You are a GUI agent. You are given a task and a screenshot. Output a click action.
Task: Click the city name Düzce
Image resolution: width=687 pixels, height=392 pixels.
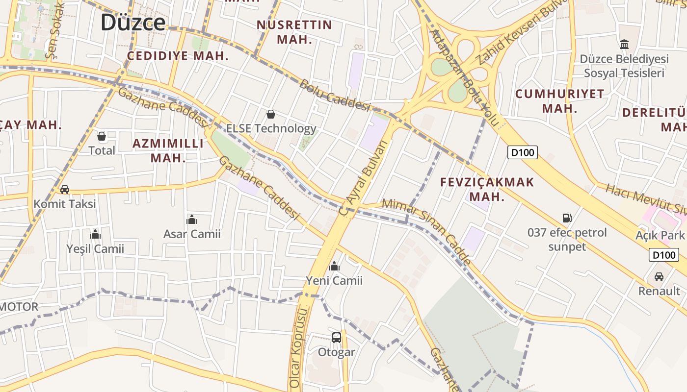tap(133, 23)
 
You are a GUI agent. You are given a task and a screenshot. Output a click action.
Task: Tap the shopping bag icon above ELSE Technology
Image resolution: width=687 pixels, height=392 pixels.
tap(270, 114)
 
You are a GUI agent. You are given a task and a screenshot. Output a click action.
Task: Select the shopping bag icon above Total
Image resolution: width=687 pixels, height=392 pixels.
tap(102, 136)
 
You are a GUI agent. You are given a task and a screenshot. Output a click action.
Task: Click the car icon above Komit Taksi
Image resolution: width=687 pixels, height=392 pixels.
tap(64, 189)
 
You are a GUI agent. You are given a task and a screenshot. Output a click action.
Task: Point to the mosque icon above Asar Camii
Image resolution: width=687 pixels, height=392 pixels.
tap(192, 220)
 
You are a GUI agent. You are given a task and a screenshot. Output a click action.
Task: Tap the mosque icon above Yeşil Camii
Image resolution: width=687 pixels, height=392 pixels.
tap(95, 234)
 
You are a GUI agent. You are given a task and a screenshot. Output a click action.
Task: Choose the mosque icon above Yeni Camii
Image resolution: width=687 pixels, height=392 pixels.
tap(334, 266)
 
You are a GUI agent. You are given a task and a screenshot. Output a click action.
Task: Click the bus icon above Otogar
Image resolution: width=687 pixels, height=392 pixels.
tap(336, 337)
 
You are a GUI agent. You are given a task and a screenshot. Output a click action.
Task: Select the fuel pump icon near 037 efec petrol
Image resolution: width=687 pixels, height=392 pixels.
tap(567, 218)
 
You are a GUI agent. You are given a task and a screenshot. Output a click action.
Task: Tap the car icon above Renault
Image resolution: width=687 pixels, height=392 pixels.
tap(659, 276)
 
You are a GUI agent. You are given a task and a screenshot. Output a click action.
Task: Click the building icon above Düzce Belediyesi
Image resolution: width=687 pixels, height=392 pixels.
tap(624, 45)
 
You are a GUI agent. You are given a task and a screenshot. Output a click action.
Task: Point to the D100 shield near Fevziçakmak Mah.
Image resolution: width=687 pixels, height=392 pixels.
tap(523, 152)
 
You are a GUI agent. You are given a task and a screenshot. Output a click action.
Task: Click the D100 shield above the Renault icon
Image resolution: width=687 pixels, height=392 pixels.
tap(663, 255)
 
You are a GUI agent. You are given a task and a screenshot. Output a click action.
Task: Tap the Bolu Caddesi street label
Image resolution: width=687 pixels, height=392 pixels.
tap(334, 96)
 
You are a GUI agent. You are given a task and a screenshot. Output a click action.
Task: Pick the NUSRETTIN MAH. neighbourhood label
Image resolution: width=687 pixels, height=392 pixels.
tap(294, 32)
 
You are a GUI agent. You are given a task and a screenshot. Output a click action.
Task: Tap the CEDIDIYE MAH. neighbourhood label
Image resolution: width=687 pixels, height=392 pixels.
tap(178, 55)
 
